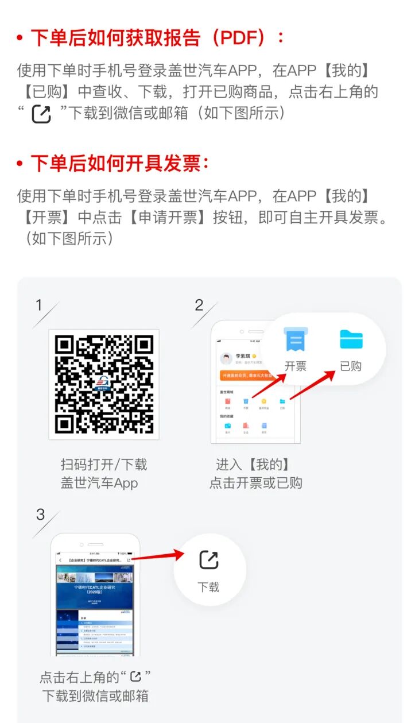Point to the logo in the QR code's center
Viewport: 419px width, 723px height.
(x=104, y=383)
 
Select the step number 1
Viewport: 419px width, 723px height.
(x=39, y=306)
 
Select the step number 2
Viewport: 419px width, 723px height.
(x=199, y=306)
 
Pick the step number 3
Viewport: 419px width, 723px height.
(x=40, y=515)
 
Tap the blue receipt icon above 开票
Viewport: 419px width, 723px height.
(x=296, y=340)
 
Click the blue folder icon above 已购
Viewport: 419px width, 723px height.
(x=351, y=339)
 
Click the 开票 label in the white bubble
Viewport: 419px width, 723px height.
(x=296, y=366)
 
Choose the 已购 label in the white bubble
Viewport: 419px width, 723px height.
(x=351, y=366)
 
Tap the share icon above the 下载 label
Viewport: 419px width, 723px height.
(x=209, y=560)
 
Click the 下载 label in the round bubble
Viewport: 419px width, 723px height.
(x=209, y=587)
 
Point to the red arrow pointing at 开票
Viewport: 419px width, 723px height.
(x=270, y=384)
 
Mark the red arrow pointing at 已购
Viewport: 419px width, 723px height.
(x=313, y=385)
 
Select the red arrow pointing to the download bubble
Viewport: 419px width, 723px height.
(x=158, y=556)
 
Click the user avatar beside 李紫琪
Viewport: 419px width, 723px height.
(x=227, y=359)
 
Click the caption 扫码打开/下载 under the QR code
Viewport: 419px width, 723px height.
(x=104, y=464)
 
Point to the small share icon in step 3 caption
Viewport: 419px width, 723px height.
(x=135, y=676)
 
